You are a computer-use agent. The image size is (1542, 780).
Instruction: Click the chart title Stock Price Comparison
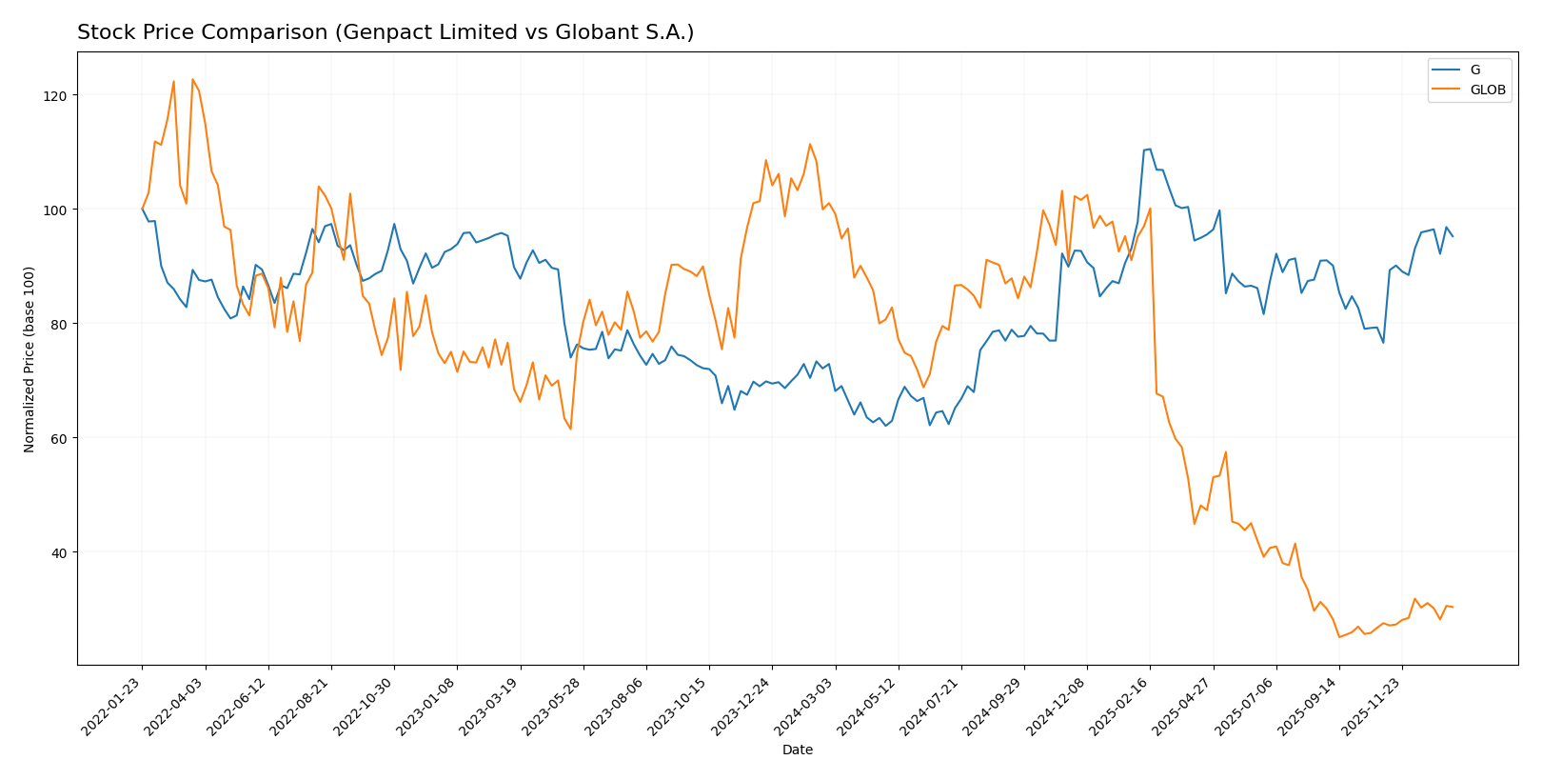click(x=385, y=32)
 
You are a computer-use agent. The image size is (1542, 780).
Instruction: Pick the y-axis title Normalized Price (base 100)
click(x=30, y=360)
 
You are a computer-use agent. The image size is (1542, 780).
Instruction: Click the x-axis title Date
click(x=797, y=750)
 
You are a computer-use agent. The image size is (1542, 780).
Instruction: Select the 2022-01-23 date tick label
click(x=112, y=708)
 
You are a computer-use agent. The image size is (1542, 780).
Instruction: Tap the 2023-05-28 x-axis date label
click(x=553, y=708)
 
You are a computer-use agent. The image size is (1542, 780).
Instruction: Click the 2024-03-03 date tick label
click(x=805, y=708)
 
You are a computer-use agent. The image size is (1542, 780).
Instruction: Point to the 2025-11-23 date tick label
click(x=1372, y=708)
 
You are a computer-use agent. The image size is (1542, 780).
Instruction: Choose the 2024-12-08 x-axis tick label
click(x=1057, y=708)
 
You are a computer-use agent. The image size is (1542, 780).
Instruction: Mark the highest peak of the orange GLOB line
click(x=192, y=79)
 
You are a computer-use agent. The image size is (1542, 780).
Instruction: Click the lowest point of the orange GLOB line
click(x=1339, y=637)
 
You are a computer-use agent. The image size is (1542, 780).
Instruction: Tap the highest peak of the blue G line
click(x=1150, y=149)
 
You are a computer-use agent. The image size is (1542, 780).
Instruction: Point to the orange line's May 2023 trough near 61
click(x=570, y=429)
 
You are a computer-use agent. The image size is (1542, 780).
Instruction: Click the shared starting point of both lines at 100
click(x=142, y=210)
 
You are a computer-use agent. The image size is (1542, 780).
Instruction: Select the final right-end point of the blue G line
click(x=1453, y=236)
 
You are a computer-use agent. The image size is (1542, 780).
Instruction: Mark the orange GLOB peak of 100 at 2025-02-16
click(x=1150, y=209)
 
